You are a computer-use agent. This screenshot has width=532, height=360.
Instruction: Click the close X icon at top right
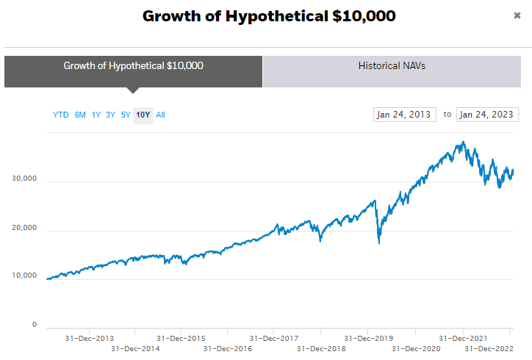point(517,15)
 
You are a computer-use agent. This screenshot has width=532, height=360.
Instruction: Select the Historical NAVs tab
point(392,65)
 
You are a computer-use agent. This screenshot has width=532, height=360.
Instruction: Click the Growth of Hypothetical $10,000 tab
point(133,65)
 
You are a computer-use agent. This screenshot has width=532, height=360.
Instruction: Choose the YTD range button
point(60,115)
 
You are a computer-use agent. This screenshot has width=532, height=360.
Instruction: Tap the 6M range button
point(80,115)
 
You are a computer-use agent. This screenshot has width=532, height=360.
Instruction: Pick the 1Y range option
point(96,115)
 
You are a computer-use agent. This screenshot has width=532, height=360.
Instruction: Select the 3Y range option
point(110,115)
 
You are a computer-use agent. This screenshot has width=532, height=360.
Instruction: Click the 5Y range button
point(126,115)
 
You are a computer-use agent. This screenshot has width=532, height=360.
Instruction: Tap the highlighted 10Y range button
point(143,115)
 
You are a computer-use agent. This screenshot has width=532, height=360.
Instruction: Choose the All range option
point(160,115)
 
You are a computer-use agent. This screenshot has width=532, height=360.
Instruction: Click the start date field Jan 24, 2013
point(404,115)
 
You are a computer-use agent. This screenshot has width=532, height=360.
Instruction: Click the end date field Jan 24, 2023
point(487,115)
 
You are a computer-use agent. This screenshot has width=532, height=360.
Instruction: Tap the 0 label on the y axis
point(34,325)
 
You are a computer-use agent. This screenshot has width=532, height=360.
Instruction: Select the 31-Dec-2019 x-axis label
point(368,339)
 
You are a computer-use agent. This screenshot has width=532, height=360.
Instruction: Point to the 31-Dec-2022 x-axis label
point(489,348)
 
